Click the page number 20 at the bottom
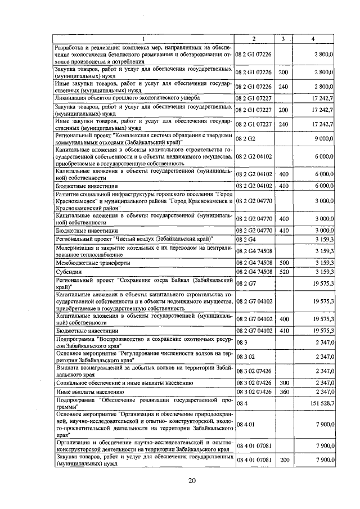192,480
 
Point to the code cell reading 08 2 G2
245,137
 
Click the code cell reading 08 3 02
245,357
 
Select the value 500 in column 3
283,263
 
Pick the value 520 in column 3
283,272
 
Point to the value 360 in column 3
283,391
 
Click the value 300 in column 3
283,382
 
